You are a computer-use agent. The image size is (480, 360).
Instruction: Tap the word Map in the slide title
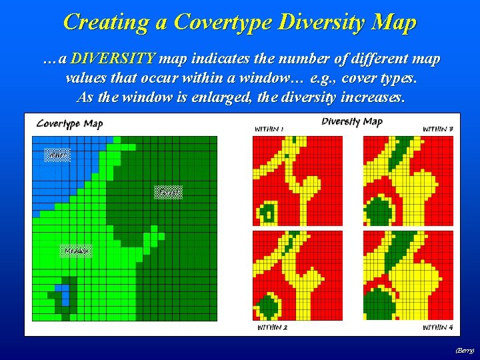pyautogui.click(x=394, y=22)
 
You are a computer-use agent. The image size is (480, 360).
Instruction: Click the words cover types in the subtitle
pyautogui.click(x=385, y=78)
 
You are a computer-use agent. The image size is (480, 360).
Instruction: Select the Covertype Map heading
pyautogui.click(x=69, y=123)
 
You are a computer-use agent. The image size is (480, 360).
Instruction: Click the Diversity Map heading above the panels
pyautogui.click(x=351, y=121)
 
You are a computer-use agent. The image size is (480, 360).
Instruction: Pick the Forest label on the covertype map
pyautogui.click(x=167, y=193)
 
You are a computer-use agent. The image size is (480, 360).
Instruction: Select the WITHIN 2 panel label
pyautogui.click(x=271, y=327)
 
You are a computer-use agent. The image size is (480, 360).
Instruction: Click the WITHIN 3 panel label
pyautogui.click(x=437, y=129)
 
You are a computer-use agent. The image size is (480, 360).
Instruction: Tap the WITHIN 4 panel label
pyautogui.click(x=437, y=327)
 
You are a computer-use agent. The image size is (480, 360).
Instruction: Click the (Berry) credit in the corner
pyautogui.click(x=464, y=350)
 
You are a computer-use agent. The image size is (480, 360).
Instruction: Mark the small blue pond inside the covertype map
pyautogui.click(x=61, y=294)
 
